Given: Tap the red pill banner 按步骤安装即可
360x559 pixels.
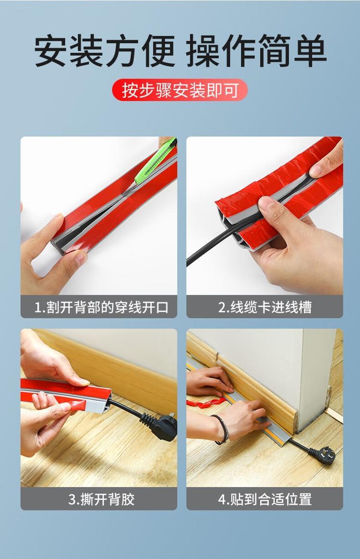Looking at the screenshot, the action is coord(180,90).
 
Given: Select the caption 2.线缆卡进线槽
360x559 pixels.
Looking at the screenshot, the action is coord(265,307).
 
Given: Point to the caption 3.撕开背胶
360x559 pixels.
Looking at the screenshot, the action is coord(101,499).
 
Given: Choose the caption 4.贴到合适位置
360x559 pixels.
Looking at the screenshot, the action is coord(265,499).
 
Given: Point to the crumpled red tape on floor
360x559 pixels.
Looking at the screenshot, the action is coord(205,403).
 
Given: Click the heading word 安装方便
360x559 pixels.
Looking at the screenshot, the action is coord(105,50).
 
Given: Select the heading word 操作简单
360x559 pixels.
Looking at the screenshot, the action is coord(256,50).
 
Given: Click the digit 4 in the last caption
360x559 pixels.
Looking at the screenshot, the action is coord(222,500).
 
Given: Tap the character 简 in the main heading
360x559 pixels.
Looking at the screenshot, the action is coord(273,50).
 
